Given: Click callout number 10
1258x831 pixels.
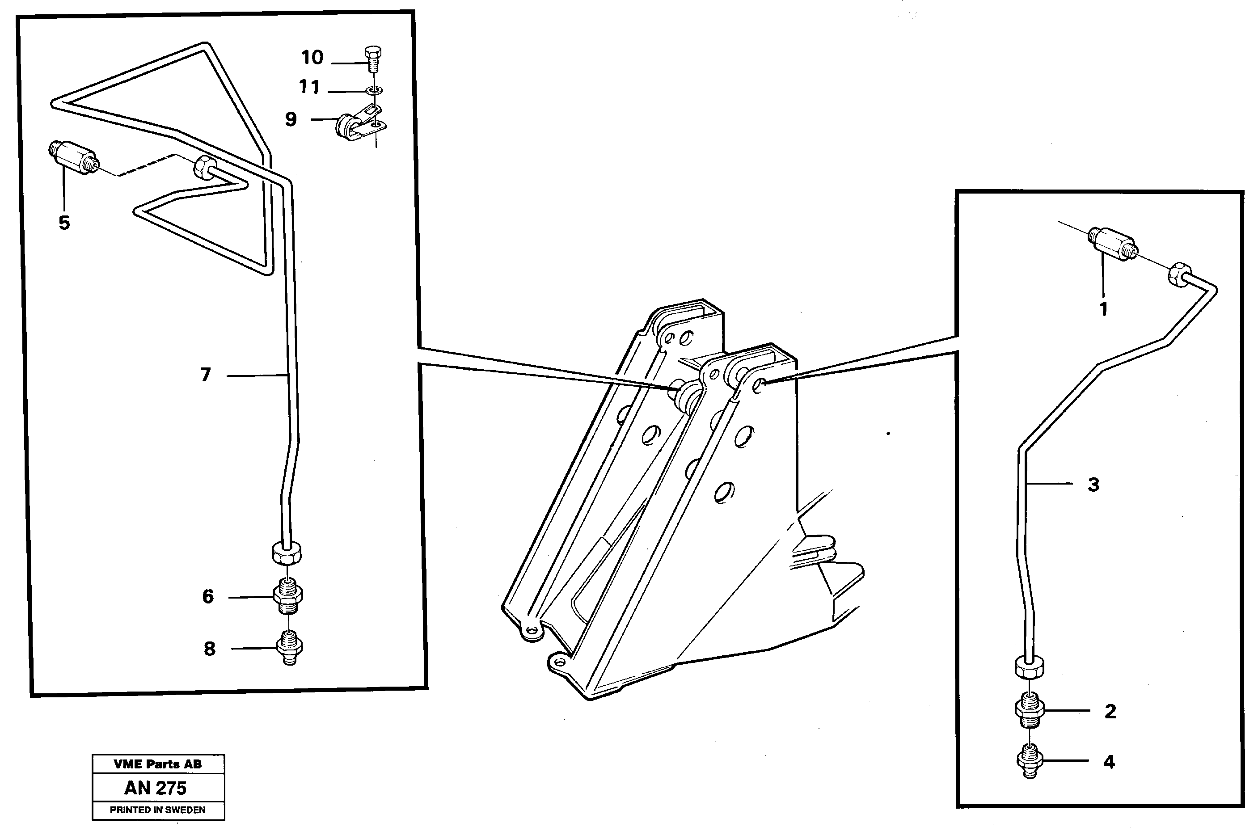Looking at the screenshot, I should [312, 57].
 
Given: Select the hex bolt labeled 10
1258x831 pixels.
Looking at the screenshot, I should [373, 59].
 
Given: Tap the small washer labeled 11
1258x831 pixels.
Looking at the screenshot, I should [374, 91].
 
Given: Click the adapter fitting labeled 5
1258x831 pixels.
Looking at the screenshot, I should [74, 156].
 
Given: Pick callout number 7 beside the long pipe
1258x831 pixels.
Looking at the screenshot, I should [206, 375].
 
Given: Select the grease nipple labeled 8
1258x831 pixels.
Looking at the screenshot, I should [289, 648].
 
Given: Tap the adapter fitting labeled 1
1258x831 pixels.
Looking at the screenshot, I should [1110, 243].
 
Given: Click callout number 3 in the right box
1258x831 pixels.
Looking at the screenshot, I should [1093, 484].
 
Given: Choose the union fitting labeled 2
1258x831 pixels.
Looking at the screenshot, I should [1029, 711].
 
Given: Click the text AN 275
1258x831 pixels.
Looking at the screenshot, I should [155, 788].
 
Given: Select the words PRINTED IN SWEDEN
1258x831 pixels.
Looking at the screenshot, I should [157, 810].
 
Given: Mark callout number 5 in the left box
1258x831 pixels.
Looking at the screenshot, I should [64, 223].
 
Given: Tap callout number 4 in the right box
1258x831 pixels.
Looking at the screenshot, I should [1109, 762].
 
